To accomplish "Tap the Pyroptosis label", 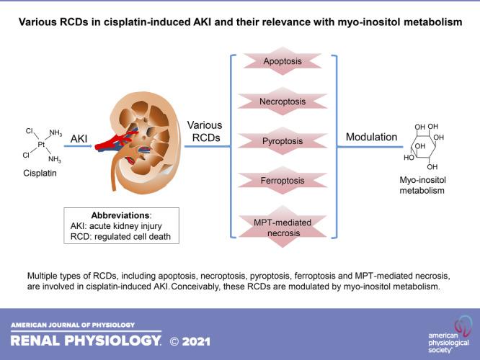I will coord(282,142).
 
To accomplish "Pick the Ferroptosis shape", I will coord(282,181).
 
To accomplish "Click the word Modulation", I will coord(370,137).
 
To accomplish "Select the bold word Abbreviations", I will coord(120,214).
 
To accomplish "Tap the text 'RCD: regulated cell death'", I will coord(120,237).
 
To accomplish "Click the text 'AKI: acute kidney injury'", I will coord(120,225).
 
